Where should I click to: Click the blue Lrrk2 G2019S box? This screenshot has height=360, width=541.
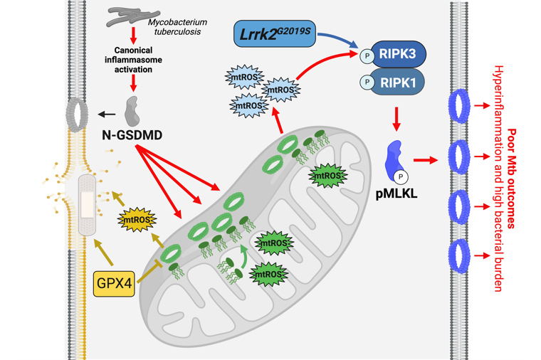(x=274, y=34)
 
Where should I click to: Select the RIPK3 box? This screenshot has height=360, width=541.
(x=399, y=53)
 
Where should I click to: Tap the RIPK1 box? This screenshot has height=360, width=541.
(x=399, y=82)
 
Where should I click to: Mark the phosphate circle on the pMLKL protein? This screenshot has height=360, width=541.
(x=401, y=174)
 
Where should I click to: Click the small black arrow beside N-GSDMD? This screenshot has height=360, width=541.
(x=107, y=114)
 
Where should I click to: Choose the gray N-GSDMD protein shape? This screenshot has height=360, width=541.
(x=132, y=110)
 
